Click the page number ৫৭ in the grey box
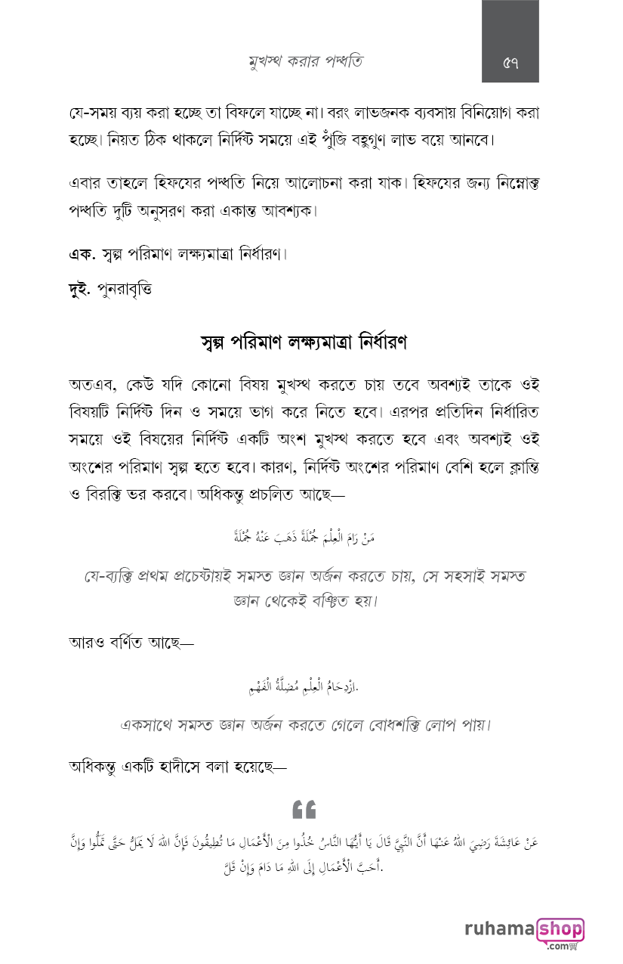point(510,61)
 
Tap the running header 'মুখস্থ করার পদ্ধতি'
point(305,61)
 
